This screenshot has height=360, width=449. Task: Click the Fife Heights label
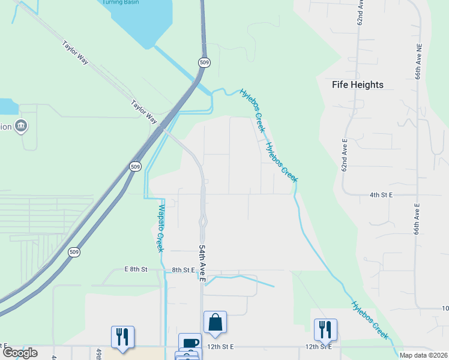click(358, 85)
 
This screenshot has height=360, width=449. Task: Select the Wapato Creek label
click(160, 228)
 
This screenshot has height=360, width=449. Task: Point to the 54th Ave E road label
click(202, 264)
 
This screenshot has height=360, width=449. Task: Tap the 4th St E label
click(381, 195)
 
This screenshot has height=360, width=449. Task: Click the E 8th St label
click(136, 269)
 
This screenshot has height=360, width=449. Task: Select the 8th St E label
click(184, 271)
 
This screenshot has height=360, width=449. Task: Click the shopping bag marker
click(215, 323)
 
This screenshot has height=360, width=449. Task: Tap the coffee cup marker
click(190, 343)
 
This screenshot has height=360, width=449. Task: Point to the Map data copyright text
click(423, 355)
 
